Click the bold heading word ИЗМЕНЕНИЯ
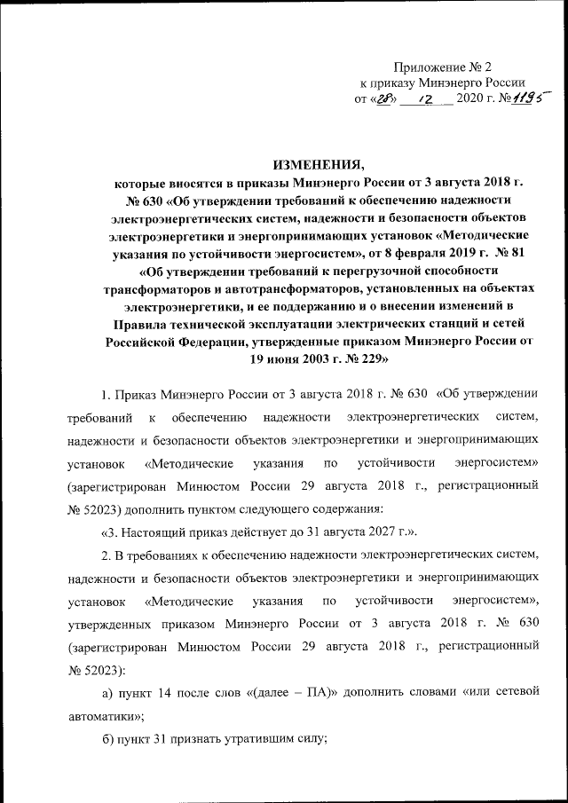319,166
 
